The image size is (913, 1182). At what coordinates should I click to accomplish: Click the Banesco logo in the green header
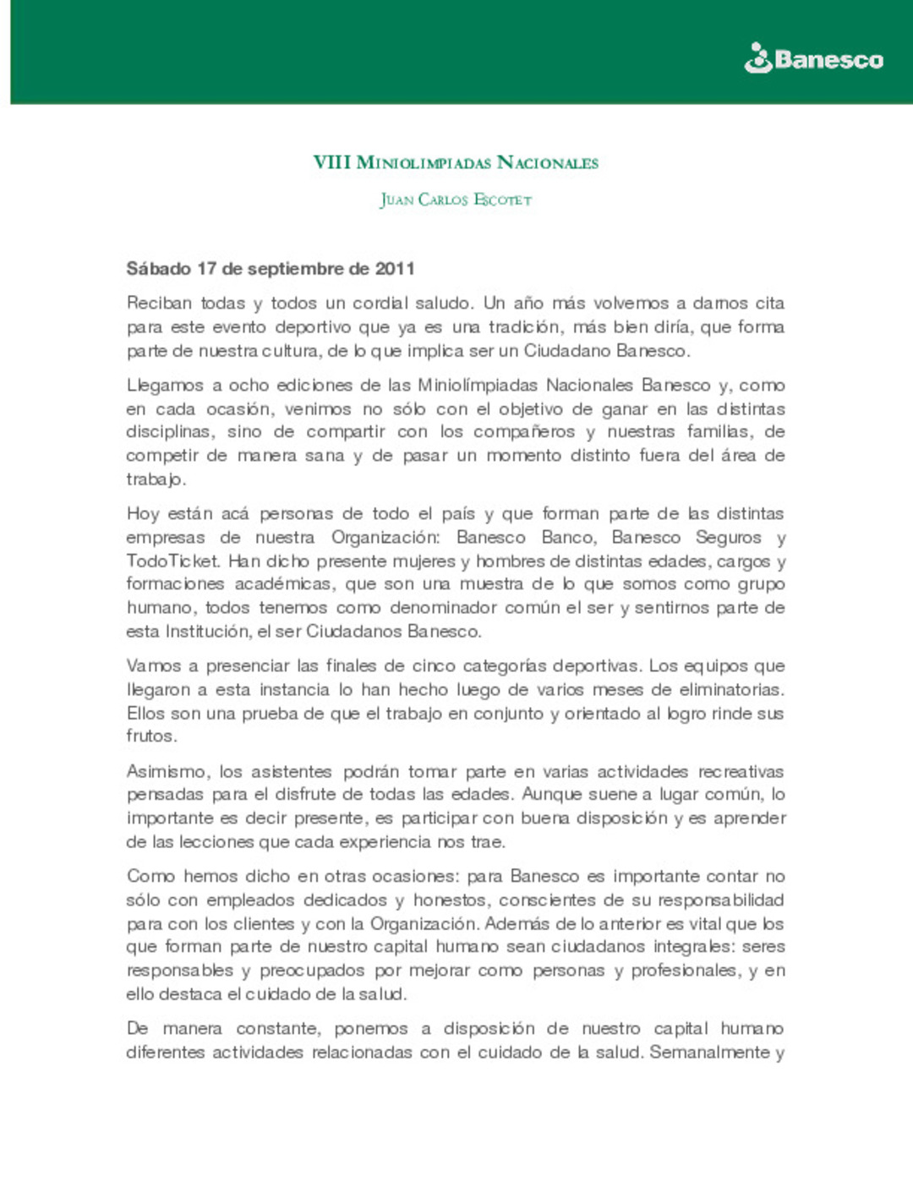(813, 59)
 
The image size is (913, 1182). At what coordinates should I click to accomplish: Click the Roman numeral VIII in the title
(331, 162)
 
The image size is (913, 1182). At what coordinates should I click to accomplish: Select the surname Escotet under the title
(502, 200)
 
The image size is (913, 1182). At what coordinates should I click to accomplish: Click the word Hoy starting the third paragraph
(142, 513)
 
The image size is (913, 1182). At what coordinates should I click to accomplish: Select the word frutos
(151, 736)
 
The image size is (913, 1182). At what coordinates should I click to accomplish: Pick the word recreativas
(741, 771)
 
